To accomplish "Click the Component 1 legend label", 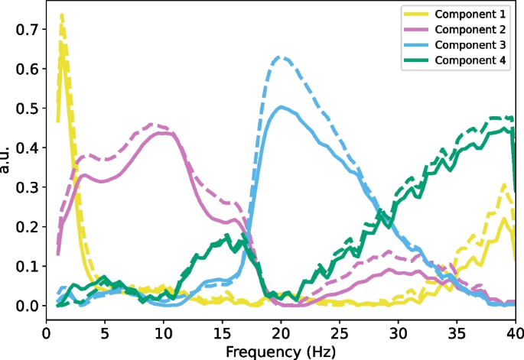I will (470, 15).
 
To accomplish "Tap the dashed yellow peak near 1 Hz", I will (61, 15).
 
